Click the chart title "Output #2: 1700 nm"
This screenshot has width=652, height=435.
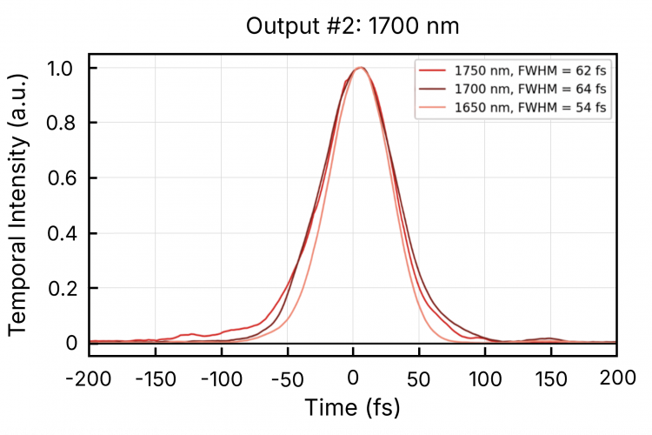[352, 27]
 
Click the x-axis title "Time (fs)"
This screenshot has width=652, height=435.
[352, 407]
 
